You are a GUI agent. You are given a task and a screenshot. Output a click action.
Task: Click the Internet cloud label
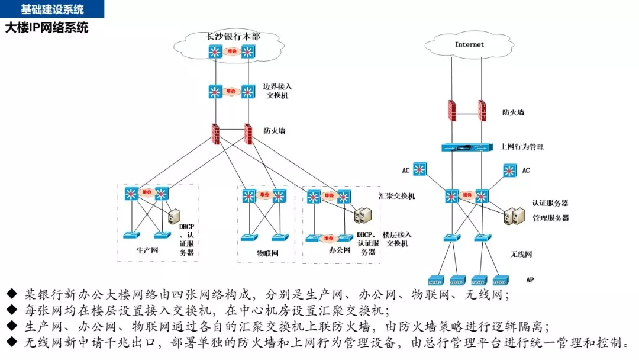469,44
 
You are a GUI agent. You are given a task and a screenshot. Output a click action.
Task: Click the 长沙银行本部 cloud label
233,36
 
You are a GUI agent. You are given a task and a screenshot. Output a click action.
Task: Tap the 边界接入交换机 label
277,91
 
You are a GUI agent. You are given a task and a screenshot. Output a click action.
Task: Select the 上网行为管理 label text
522,147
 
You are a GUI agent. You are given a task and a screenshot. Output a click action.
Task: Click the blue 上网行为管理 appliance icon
467,148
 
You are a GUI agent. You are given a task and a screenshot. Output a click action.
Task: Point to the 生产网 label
147,250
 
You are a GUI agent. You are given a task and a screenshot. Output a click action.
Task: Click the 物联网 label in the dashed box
267,253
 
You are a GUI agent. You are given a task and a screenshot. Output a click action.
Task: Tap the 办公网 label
340,250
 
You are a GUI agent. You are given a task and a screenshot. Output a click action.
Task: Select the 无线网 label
521,255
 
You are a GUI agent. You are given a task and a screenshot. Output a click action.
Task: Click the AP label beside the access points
530,279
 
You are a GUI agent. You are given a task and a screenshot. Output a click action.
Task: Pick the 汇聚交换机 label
396,195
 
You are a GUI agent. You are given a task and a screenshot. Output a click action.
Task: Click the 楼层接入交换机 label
397,239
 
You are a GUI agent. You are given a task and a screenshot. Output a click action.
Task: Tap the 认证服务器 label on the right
550,203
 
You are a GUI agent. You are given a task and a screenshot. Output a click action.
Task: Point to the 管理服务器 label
550,218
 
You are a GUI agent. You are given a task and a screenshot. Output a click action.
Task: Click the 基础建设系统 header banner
52,9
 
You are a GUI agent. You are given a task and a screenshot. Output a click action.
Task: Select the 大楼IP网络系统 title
47,27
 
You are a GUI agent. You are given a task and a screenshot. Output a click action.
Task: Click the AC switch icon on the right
509,171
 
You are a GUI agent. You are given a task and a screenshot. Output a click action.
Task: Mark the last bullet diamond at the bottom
12,342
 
